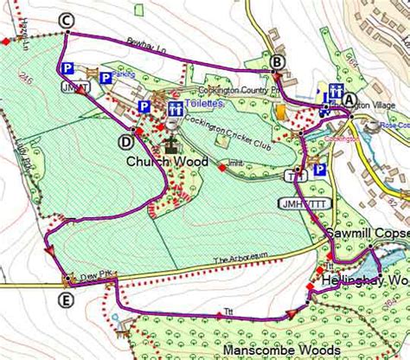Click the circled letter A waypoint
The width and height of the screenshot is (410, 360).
pos(349,99)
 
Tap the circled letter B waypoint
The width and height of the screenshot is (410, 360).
pos(276,61)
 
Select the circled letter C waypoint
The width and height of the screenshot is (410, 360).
pos(67,20)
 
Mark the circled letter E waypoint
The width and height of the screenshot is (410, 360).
pos(66,299)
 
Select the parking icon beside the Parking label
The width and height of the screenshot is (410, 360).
pos(105,78)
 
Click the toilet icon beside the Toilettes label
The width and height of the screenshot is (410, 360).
pos(176,108)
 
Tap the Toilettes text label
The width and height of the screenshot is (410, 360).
pos(204,103)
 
